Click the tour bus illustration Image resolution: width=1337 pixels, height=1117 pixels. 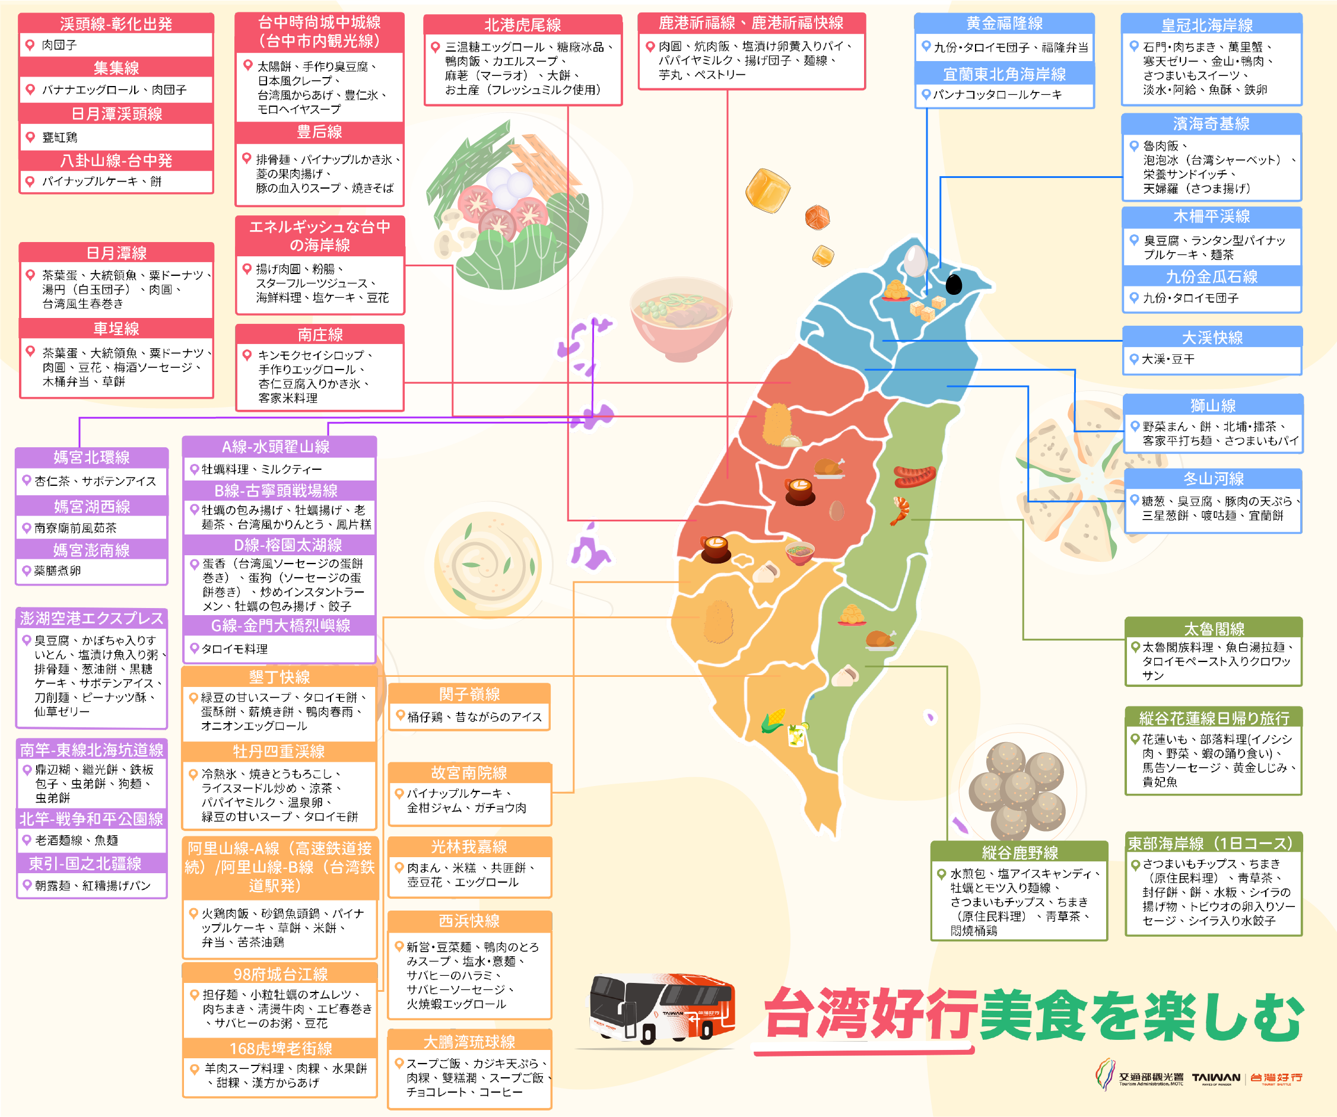tap(662, 1009)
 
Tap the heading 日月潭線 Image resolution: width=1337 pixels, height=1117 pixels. tap(116, 253)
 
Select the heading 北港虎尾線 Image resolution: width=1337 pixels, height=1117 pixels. tap(523, 25)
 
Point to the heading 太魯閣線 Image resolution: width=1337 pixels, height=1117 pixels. tap(1214, 629)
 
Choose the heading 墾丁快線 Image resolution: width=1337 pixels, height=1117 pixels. tap(279, 677)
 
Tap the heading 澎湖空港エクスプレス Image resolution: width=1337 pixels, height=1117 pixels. tap(91, 618)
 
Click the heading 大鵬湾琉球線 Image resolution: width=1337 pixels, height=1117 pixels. tap(469, 1042)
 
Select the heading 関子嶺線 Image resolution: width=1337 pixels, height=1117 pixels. tap(469, 693)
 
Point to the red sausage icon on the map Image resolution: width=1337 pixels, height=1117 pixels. tap(914, 475)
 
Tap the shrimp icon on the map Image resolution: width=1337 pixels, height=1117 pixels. tap(900, 510)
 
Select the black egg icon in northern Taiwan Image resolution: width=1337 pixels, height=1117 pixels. tap(953, 284)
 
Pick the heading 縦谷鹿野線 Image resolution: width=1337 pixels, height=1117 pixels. tap(1020, 853)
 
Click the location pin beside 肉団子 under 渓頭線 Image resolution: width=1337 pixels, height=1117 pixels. tap(29, 44)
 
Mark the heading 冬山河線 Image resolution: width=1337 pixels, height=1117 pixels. tap(1214, 479)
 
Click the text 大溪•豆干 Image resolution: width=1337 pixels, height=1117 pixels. tap(1168, 359)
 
